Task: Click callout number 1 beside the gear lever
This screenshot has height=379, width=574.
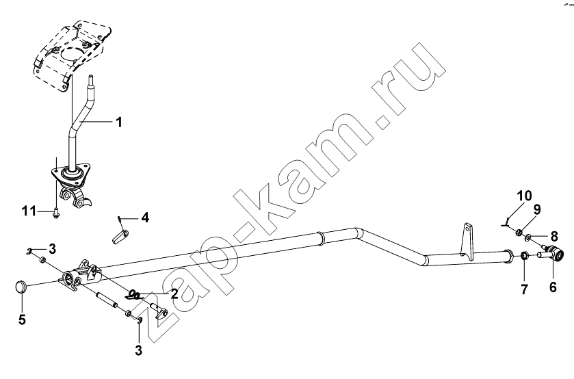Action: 118,122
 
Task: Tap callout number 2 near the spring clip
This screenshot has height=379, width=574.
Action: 174,293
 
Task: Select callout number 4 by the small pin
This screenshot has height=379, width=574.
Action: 145,218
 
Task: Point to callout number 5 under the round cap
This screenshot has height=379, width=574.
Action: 22,319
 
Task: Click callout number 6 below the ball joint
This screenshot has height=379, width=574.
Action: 553,287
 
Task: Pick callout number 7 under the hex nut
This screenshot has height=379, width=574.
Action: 524,289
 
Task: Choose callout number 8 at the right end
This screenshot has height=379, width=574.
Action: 554,237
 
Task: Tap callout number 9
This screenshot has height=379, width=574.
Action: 536,210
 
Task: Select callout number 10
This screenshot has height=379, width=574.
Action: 525,196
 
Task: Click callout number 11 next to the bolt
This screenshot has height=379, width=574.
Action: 29,211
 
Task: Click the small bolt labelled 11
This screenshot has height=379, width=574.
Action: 55,213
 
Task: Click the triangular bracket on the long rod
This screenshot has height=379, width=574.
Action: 467,241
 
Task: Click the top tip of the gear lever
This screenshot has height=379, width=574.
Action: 90,76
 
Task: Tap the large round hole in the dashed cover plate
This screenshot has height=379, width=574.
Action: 72,55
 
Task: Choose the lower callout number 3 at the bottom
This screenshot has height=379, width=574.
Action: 138,350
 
